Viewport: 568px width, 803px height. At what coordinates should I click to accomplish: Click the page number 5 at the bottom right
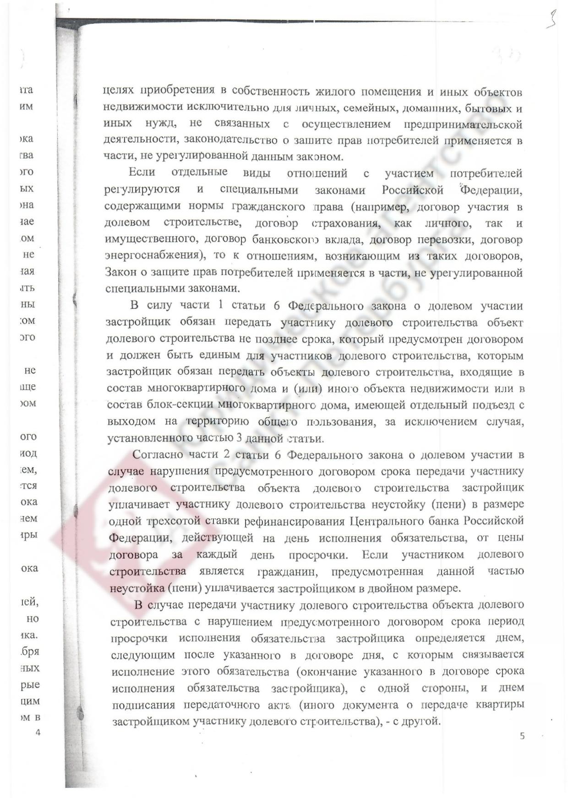[x=523, y=736]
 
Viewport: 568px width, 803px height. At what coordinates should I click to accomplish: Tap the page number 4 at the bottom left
[x=38, y=733]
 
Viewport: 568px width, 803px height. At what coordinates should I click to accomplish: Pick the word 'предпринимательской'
[x=463, y=124]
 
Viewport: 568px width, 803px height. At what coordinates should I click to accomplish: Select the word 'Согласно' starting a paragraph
[x=157, y=455]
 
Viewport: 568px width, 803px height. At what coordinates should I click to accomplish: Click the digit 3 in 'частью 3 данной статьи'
[x=239, y=438]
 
